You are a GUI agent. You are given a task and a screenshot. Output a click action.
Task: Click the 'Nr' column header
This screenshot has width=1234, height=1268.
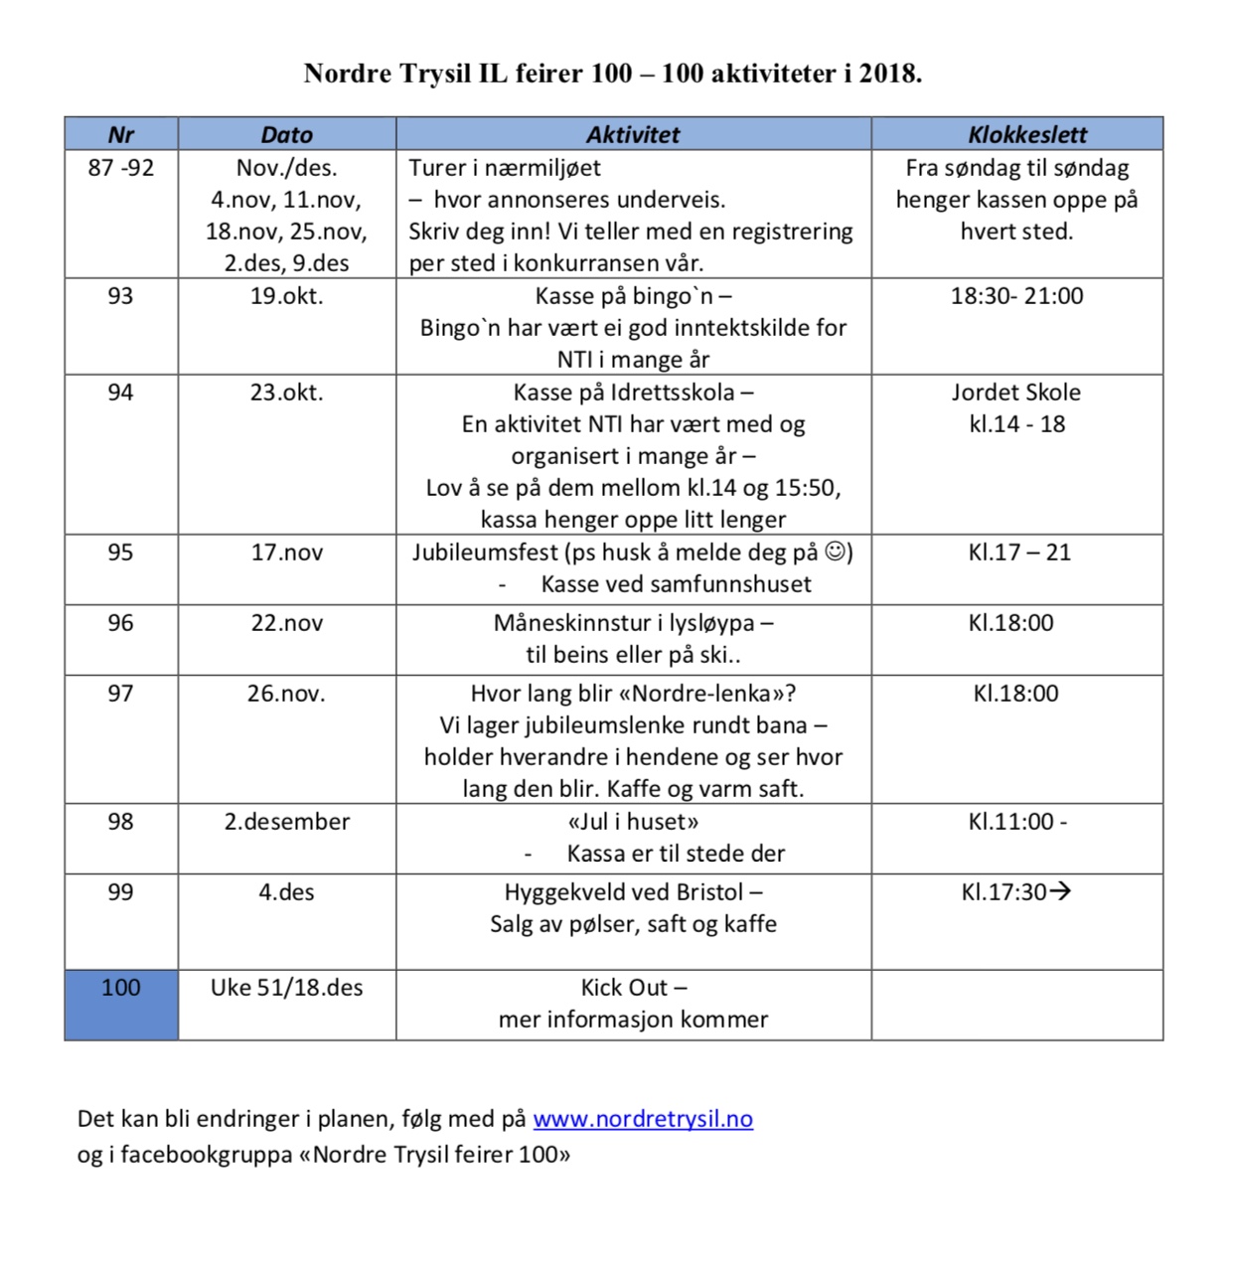[x=120, y=134]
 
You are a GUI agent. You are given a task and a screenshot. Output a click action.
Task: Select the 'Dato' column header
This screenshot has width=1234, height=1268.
[x=286, y=134]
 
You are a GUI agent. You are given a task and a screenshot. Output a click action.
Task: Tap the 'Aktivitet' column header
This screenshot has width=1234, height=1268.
[x=633, y=134]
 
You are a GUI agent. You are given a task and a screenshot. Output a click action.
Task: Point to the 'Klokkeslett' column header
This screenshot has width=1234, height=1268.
[x=1016, y=134]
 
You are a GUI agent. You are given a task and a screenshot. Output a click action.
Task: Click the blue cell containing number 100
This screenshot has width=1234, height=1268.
[x=121, y=1004]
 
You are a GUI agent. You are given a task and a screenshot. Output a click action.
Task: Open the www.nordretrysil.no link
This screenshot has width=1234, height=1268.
[x=643, y=1119]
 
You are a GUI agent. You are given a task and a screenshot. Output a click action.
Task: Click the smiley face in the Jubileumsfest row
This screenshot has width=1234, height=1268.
[x=838, y=551]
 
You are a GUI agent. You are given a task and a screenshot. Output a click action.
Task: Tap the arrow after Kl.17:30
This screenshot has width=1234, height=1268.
[x=1060, y=891]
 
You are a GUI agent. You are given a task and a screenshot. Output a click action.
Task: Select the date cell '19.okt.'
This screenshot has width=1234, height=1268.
[x=286, y=296]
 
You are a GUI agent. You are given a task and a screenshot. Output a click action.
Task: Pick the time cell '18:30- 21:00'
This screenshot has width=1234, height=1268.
[x=1016, y=296]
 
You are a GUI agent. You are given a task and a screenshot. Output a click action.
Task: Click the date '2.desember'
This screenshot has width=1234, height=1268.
[x=286, y=822]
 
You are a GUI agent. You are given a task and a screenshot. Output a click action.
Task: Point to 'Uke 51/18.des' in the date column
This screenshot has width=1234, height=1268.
[x=286, y=988]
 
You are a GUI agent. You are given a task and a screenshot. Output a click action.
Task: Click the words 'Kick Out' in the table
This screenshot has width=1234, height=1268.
[x=624, y=988]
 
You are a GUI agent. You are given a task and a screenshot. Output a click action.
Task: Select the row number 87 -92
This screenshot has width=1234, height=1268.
[x=120, y=168]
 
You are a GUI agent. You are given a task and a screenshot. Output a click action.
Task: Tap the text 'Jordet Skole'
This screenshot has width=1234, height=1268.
[x=1015, y=393]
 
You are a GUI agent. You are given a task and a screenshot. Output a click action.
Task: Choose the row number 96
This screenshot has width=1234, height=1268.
[x=120, y=623]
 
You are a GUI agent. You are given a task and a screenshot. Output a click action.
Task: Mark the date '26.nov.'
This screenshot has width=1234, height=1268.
[x=286, y=694]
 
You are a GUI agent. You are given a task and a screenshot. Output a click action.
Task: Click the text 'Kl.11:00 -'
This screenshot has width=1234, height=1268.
[x=1017, y=822]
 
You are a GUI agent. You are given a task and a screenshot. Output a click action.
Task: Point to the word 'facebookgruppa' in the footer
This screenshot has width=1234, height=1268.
[x=206, y=1155]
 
